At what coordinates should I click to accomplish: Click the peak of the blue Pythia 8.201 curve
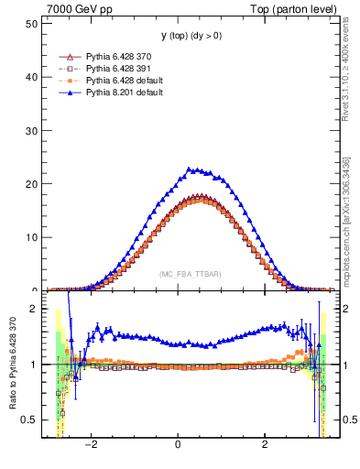[190, 169]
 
